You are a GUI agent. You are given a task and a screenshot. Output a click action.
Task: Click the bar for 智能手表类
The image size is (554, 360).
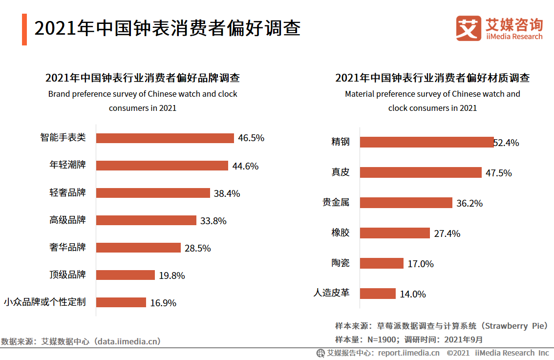165,138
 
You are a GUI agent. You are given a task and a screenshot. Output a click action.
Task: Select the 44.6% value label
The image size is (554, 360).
245,166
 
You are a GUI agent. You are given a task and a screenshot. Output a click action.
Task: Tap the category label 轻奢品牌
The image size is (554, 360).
67,192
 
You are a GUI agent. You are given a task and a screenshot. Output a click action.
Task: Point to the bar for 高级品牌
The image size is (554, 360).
146,220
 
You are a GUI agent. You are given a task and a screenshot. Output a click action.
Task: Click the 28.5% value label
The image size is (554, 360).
197,248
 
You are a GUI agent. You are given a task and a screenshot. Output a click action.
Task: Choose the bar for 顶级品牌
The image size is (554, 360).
125,275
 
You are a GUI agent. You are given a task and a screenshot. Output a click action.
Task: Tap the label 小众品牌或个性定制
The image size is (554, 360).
44,302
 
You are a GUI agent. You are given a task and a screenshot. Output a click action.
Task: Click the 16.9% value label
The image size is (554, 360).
163,303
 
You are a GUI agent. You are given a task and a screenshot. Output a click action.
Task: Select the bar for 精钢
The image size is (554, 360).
426,142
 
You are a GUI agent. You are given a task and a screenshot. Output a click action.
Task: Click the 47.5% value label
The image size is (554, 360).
498,173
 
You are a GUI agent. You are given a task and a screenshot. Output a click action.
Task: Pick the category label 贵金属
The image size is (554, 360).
336,202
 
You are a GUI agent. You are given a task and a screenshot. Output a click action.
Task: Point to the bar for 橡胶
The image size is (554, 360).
395,233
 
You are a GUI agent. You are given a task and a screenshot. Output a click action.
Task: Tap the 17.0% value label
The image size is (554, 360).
421,264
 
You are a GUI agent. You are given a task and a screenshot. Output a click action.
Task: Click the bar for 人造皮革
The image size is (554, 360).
378,294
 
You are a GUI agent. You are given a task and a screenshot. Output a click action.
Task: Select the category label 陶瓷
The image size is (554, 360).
341,263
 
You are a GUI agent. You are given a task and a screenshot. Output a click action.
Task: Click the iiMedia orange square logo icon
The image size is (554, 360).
469,28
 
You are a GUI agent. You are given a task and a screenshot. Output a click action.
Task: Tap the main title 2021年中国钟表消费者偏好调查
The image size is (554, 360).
167,28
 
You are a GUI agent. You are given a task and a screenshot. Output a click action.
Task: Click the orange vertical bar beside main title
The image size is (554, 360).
24,29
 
